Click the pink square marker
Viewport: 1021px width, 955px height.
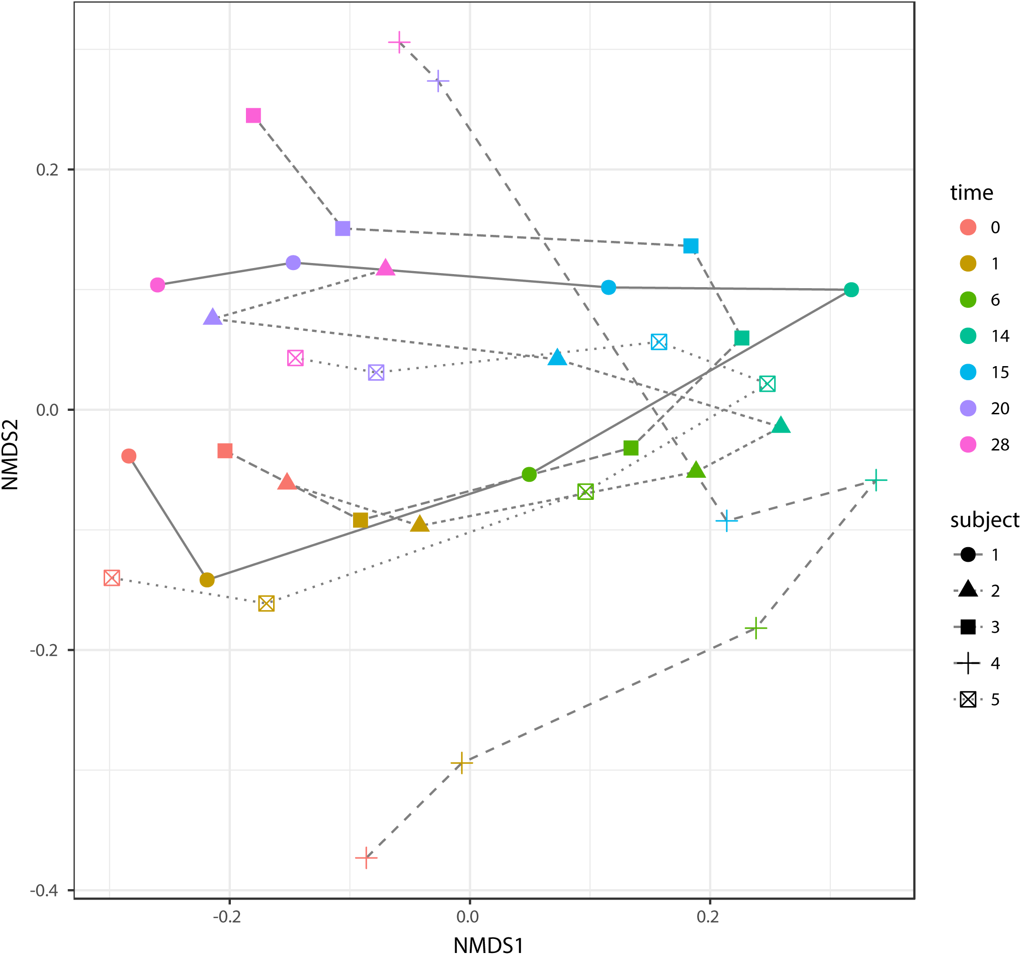253,116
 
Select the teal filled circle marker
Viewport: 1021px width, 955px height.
851,290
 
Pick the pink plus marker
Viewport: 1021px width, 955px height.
399,42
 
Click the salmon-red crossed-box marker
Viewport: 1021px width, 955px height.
112,578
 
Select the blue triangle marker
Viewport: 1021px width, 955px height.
557,358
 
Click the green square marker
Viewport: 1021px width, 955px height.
631,448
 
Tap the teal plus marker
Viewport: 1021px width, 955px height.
876,481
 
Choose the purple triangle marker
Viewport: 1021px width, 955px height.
213,317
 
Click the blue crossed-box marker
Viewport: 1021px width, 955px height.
659,341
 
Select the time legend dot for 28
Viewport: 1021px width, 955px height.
968,444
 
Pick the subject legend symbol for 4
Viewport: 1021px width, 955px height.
968,663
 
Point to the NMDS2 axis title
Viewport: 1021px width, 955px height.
10,455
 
